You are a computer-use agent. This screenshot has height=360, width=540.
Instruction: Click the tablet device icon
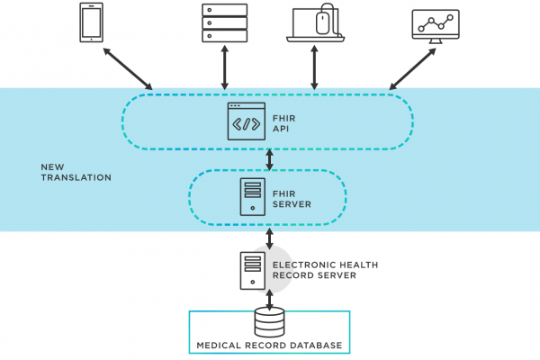[91, 22]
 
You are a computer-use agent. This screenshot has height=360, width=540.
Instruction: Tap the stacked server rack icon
[224, 22]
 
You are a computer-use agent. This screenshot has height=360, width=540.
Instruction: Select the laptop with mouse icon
[315, 22]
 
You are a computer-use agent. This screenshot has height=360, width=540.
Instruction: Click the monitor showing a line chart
[436, 26]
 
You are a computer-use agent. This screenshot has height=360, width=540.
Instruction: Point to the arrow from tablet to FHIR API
[128, 68]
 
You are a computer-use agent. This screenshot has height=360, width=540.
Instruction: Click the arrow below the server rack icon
[224, 67]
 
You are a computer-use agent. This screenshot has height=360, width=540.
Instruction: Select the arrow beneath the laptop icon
[314, 67]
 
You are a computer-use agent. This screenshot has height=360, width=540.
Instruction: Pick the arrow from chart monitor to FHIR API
[412, 69]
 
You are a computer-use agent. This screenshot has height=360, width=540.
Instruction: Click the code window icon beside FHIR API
[247, 121]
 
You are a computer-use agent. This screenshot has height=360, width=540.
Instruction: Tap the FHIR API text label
[284, 123]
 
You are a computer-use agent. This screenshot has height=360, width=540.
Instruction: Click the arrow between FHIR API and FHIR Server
[270, 159]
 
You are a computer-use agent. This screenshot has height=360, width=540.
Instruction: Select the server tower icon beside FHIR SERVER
[252, 197]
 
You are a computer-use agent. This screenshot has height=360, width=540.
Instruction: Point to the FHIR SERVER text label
[292, 199]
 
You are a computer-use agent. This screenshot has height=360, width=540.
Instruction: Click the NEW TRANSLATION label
[76, 172]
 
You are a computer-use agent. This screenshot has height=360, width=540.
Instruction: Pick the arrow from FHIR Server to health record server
[270, 238]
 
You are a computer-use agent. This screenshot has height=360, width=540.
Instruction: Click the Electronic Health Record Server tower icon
[252, 271]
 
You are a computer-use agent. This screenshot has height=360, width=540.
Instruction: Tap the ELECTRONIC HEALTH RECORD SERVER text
[325, 270]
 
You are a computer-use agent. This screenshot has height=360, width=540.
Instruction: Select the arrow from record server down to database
[270, 300]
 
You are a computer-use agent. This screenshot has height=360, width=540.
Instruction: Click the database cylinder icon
[269, 322]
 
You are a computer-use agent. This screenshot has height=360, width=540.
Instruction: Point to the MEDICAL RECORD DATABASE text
[269, 346]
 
